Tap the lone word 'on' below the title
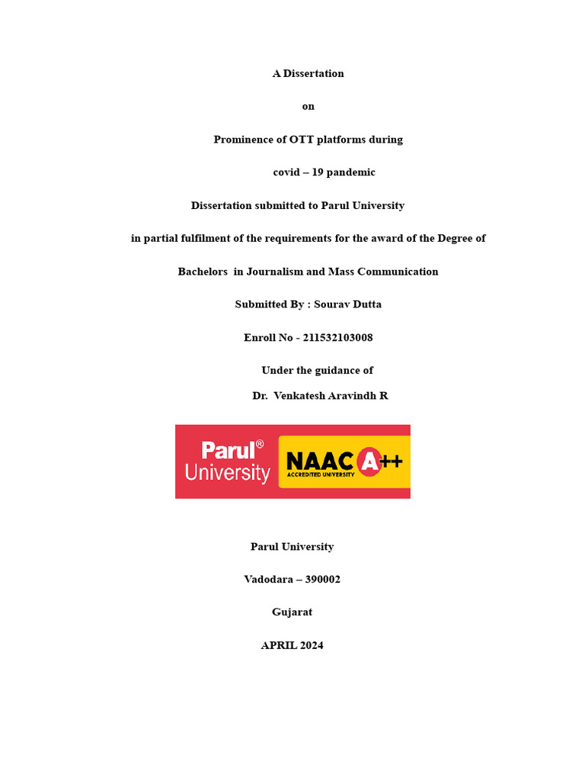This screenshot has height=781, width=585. (308, 107)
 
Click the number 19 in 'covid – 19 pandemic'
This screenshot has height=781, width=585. (317, 172)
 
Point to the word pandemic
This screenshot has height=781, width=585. (351, 172)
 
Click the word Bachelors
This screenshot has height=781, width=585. (203, 272)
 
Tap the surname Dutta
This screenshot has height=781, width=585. (365, 304)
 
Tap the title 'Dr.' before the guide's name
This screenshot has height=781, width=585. (260, 396)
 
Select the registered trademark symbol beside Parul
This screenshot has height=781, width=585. (260, 444)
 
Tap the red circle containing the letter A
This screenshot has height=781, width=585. (369, 461)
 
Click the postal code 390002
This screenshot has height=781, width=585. (323, 580)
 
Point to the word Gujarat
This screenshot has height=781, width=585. (292, 612)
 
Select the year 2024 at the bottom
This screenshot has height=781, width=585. (310, 645)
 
